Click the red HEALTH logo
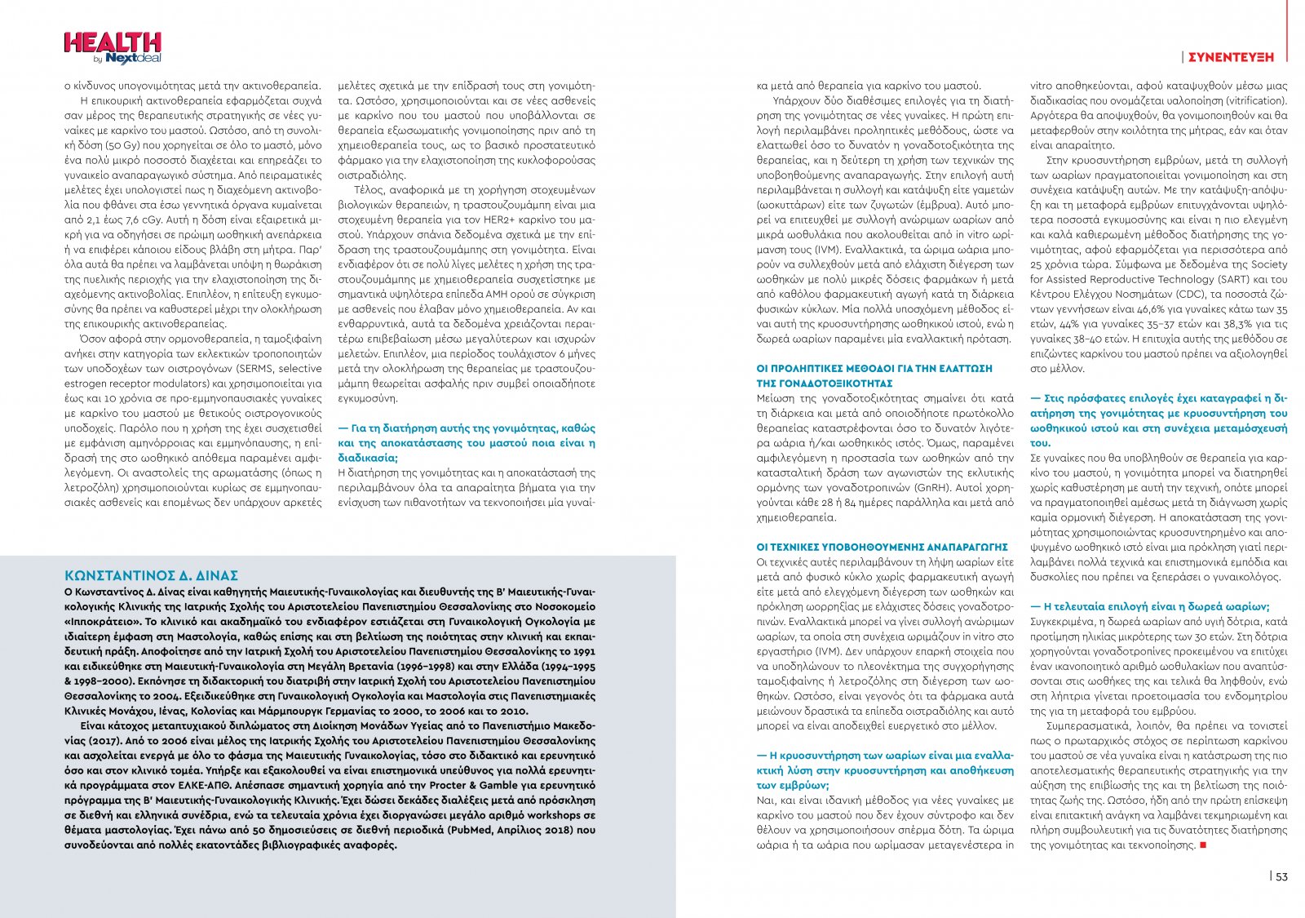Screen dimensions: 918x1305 coord(112,42)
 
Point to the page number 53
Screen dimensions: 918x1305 coord(1281,876)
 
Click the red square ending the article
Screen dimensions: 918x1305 coord(1203,845)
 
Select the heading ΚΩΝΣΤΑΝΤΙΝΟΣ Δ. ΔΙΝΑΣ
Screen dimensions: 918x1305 coord(151,575)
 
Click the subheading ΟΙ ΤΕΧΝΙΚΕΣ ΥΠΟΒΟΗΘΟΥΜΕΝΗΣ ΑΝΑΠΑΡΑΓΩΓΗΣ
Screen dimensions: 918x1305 coord(882,547)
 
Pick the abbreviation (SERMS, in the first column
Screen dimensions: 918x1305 coord(254,368)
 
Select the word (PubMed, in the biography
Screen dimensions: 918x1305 coord(473,830)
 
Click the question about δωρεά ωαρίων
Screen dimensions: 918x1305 coord(1150,606)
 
